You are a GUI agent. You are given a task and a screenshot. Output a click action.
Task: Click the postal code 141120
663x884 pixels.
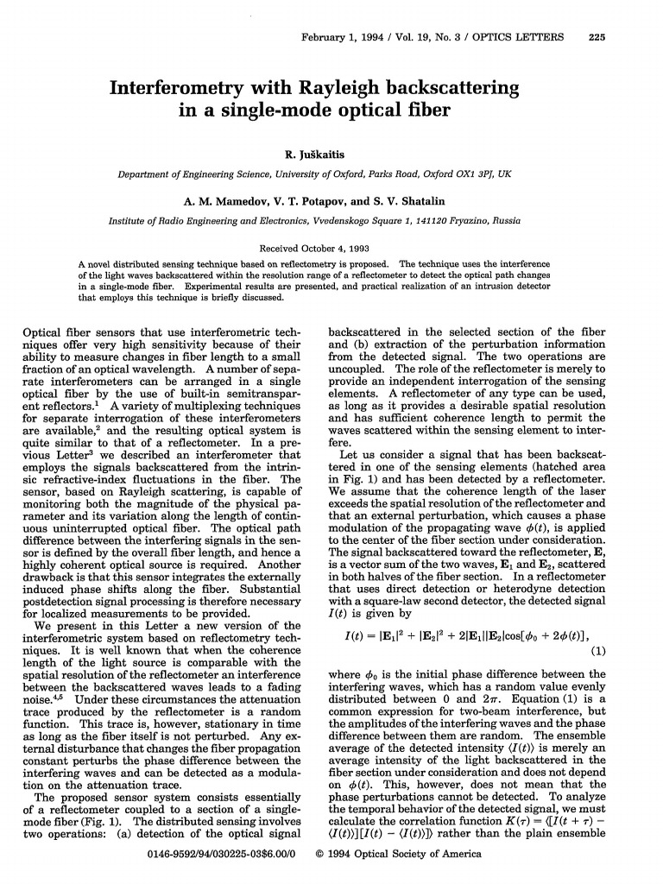[429, 220]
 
